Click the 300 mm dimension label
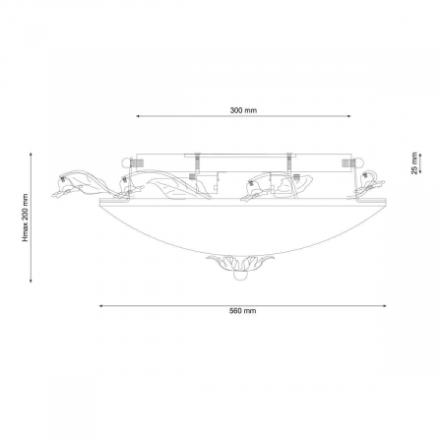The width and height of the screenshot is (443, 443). [243, 110]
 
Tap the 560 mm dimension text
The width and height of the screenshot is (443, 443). [243, 311]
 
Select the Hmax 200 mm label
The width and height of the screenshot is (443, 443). [26, 218]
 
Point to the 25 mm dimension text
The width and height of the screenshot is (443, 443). [414, 163]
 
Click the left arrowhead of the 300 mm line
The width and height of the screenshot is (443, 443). [138, 116]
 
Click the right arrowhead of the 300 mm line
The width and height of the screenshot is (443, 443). [348, 116]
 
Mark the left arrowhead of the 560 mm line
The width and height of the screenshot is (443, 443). [101, 306]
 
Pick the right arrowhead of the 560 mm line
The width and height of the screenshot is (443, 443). [384, 306]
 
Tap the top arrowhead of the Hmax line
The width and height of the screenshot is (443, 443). [31, 155]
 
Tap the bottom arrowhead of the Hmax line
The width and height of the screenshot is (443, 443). [31, 280]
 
